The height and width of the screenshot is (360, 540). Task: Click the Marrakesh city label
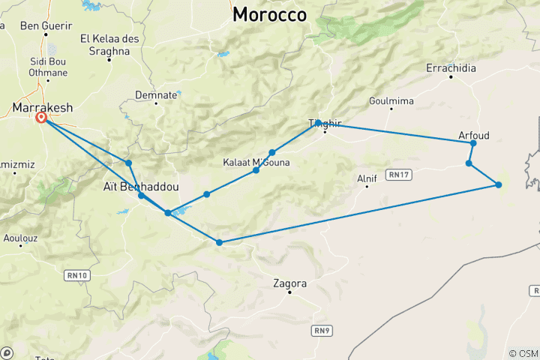point(43,108)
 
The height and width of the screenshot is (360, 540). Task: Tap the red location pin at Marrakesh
point(41,118)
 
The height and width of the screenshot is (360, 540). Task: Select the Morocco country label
point(270,14)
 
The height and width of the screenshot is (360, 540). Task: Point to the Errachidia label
point(451,67)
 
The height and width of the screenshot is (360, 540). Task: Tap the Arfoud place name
point(473,135)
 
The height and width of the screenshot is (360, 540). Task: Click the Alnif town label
point(367,178)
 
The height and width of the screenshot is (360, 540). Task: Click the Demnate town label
point(155,94)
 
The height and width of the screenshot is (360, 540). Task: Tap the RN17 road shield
point(398,175)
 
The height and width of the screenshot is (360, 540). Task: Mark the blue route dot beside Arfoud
point(473,143)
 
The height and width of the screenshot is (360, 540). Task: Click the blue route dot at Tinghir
point(319,122)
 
